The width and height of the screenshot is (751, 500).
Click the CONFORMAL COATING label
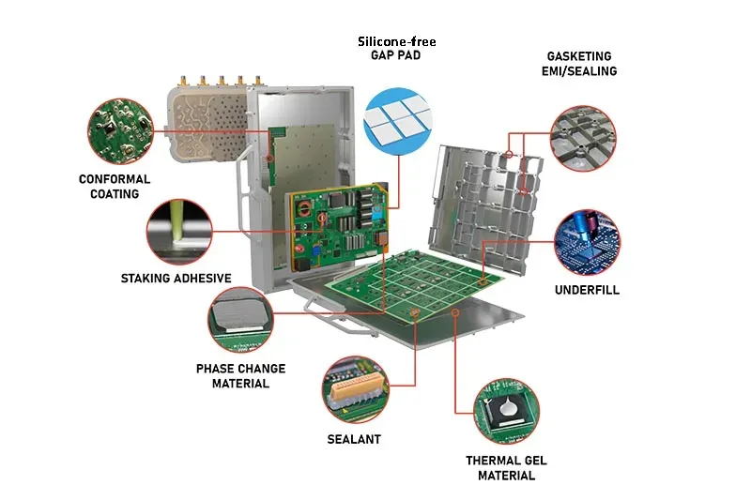click(x=115, y=187)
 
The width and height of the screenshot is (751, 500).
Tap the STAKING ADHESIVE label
click(x=176, y=279)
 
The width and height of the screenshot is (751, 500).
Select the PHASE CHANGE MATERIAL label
click(x=240, y=376)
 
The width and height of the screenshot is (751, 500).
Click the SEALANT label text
click(x=354, y=439)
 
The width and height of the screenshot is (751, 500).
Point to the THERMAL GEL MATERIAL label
click(x=506, y=468)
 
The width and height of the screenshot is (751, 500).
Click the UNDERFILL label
click(x=587, y=290)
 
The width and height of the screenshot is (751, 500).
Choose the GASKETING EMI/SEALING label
click(x=579, y=64)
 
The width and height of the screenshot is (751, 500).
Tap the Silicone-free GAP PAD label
click(x=396, y=49)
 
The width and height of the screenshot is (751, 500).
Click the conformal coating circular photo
click(x=120, y=131)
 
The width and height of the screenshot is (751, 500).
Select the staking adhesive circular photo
click(x=179, y=232)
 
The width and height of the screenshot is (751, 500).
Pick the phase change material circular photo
click(x=241, y=320)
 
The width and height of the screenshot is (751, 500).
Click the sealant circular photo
click(x=355, y=389)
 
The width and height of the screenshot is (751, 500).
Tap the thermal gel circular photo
click(x=506, y=412)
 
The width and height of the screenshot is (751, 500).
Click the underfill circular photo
click(x=587, y=242)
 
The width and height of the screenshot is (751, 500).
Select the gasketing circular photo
click(x=583, y=138)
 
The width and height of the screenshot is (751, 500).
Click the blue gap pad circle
click(x=397, y=121)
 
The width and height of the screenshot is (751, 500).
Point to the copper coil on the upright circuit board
click(x=304, y=208)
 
